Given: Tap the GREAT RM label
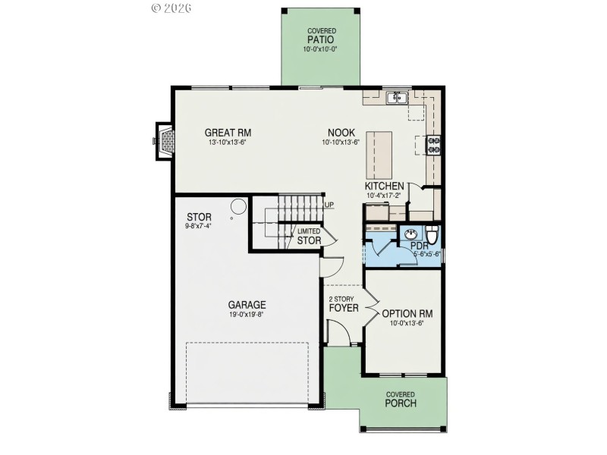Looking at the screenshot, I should (x=228, y=133).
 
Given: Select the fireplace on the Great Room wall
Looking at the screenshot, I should (x=165, y=140).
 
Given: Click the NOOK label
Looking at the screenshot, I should (x=341, y=133).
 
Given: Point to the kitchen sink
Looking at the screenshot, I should (x=397, y=98).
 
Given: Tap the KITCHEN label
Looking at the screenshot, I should (x=385, y=187).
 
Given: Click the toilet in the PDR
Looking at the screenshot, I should (x=432, y=234).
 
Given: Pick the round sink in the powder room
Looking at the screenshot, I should (x=411, y=234).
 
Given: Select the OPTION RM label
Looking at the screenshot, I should (x=407, y=313).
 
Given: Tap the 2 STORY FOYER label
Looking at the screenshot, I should (x=343, y=304).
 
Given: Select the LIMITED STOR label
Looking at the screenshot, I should (x=309, y=237).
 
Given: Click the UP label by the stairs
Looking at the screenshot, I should (x=329, y=205).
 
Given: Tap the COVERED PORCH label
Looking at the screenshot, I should (x=400, y=399).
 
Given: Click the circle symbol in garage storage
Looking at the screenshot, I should (x=237, y=206).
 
